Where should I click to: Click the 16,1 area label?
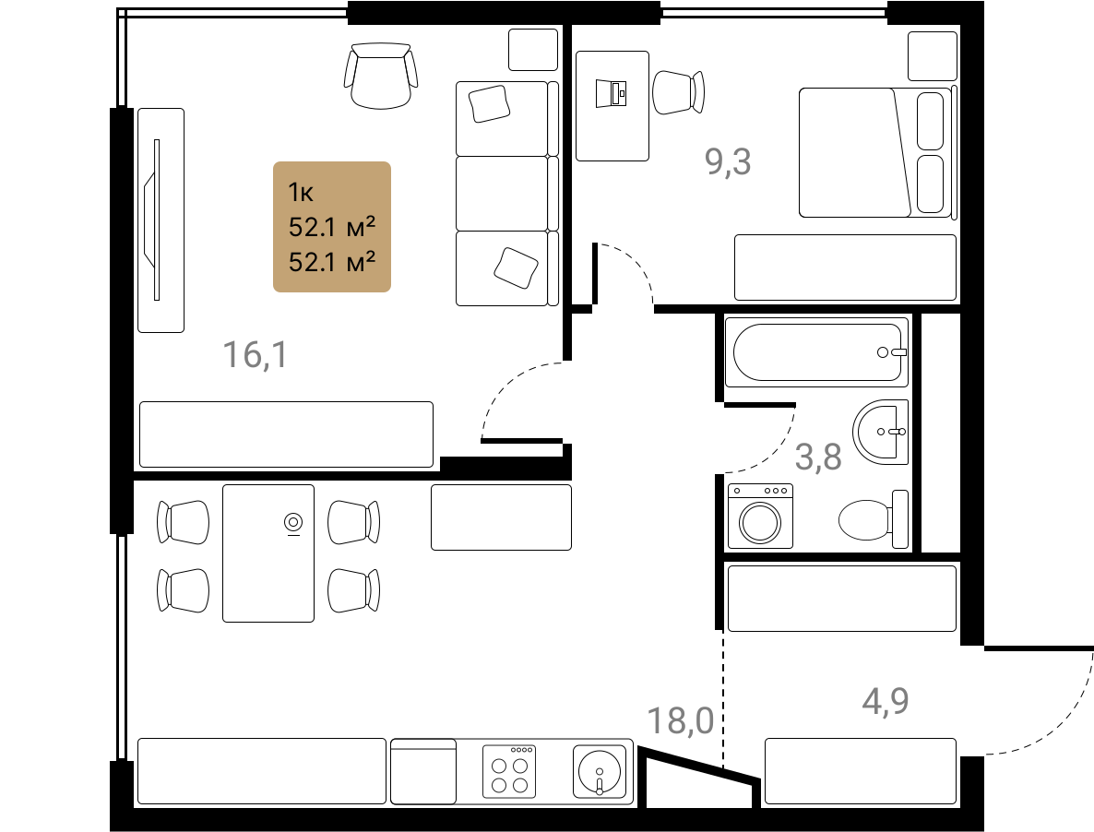point(255,354)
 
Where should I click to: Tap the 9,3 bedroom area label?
point(728,161)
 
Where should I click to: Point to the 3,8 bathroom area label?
point(818,458)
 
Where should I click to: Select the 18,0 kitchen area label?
point(680,720)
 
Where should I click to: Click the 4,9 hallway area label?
point(886,701)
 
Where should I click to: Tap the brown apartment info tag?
point(331,227)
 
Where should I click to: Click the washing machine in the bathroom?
point(760,516)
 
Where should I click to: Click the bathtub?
point(816,352)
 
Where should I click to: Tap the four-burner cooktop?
point(509,771)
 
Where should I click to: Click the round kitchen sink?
point(600,771)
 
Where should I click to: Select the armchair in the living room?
point(381,76)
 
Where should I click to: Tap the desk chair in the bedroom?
point(678,92)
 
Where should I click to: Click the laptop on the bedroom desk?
point(612,93)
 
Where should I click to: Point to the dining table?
point(268,553)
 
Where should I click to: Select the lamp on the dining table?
point(293,523)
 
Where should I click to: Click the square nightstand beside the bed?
point(933,55)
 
